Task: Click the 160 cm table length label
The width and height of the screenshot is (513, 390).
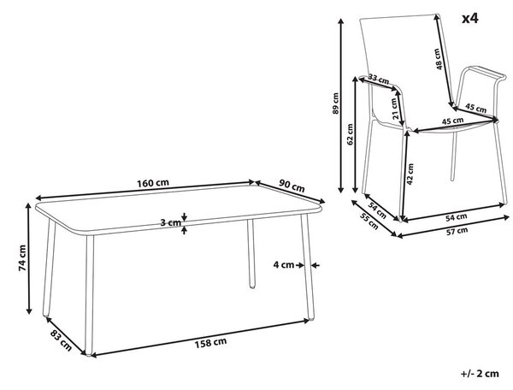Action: pyautogui.click(x=153, y=183)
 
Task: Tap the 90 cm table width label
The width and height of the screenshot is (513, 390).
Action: pyautogui.click(x=292, y=186)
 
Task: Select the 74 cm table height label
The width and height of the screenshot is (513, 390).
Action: pyautogui.click(x=22, y=257)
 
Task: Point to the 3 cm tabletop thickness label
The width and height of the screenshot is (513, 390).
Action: pyautogui.click(x=170, y=223)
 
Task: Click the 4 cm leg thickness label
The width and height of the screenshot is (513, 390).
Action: pyautogui.click(x=284, y=264)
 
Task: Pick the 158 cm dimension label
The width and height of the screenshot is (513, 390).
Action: pyautogui.click(x=210, y=343)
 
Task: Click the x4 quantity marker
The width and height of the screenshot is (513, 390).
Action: pyautogui.click(x=469, y=19)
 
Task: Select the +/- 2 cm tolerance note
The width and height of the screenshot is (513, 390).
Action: pyautogui.click(x=480, y=373)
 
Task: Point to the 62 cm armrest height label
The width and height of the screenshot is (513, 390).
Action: pyautogui.click(x=350, y=133)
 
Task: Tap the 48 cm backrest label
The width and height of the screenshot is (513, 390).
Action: pyautogui.click(x=439, y=59)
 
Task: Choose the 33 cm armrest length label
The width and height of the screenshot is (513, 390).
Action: pyautogui.click(x=379, y=79)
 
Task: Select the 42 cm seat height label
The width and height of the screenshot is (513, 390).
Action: pyautogui.click(x=410, y=174)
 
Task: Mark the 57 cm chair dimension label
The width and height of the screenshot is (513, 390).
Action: pyautogui.click(x=457, y=231)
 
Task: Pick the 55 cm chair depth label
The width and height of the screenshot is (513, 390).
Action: pyautogui.click(x=369, y=221)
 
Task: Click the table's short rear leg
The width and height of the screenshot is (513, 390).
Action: pyautogui.click(x=251, y=253)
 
